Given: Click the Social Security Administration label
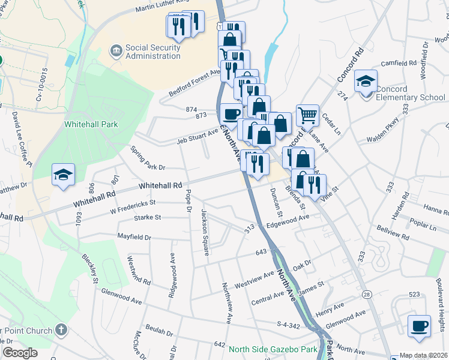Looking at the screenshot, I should coord(152,52).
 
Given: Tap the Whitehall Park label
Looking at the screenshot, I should coord(91,124).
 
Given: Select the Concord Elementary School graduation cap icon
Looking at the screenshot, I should coord(365,82).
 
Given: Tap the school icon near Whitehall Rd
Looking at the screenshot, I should coord(63,175).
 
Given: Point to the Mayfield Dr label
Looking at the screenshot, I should coord(134,238).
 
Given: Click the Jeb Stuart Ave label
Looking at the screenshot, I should coord(197,136).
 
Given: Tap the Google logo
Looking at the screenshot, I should coord(20,353).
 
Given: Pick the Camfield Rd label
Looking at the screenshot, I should coord(397,63).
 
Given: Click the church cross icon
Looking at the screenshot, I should coord(60,329).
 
